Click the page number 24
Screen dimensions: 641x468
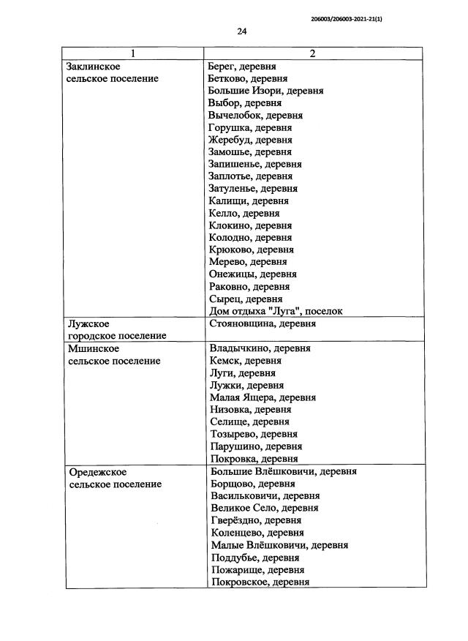242,31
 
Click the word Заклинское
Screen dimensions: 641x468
94,67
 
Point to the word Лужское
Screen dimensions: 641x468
88,323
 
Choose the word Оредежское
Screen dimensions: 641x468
98,472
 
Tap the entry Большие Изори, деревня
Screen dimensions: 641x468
265,91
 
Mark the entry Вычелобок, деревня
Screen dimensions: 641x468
255,116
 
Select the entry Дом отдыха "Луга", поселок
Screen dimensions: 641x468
276,311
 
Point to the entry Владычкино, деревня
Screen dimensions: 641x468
260,348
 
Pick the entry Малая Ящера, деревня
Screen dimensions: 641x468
263,397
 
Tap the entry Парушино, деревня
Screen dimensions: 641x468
256,446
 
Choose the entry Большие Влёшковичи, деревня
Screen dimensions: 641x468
283,472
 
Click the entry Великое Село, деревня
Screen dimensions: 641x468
264,508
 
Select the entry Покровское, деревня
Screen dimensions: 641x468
260,582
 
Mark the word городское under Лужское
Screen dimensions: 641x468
93,336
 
